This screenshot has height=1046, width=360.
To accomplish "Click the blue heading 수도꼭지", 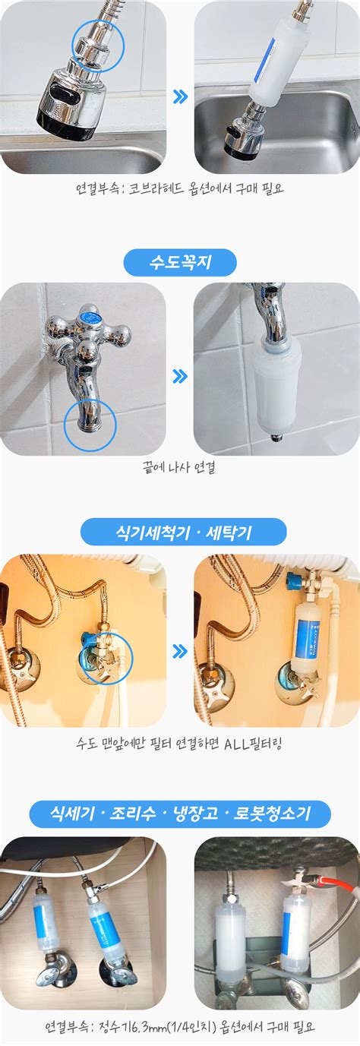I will click(180, 263).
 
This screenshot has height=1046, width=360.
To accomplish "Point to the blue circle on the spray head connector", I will click(98, 46).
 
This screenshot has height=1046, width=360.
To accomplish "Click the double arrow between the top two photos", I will click(180, 97).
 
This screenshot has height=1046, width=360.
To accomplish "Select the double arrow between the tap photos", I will click(180, 376).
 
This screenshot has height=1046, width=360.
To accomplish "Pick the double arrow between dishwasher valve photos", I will click(180, 651).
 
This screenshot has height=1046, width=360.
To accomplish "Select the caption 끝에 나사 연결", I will click(180, 469).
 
